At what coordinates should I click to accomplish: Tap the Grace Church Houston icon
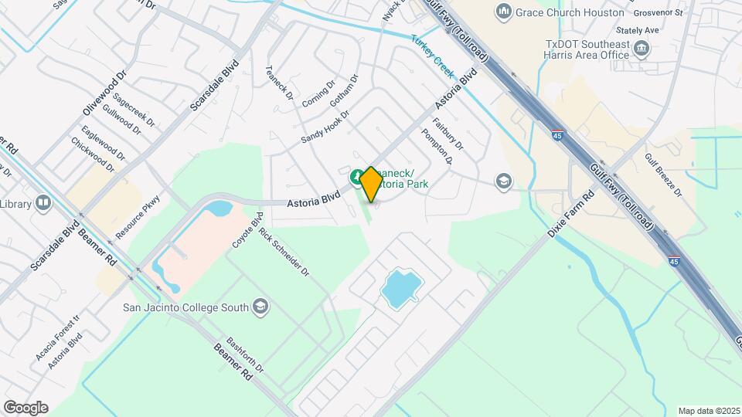[x=504, y=12]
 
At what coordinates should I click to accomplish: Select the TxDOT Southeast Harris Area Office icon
[x=641, y=49]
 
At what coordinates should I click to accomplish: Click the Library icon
[x=43, y=204]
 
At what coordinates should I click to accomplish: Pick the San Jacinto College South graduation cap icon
[x=260, y=307]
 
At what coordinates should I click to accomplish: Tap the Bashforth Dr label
[x=246, y=356]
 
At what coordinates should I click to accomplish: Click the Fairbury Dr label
[x=448, y=133]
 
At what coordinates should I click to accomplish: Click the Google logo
[x=26, y=407]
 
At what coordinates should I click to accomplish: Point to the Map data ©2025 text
[x=708, y=411]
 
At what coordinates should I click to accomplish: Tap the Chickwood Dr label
[x=92, y=154]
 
